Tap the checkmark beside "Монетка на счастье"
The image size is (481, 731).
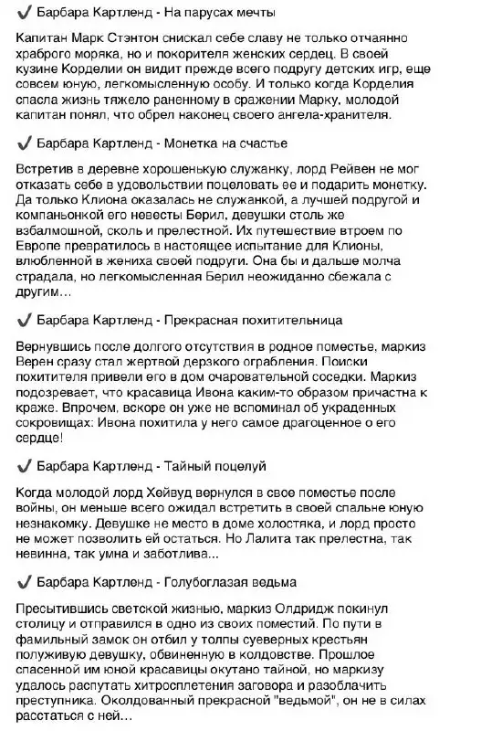[23, 144]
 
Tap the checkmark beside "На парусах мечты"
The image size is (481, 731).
[23, 14]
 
